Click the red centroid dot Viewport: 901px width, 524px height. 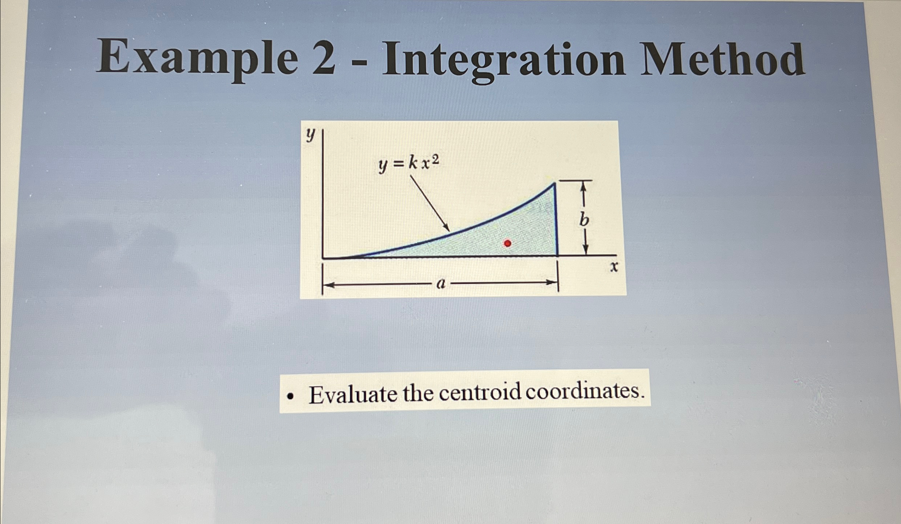507,243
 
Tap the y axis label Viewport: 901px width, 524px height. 310,135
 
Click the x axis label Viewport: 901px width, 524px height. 614,267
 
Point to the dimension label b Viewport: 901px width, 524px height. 584,220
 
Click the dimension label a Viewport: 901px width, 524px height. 441,283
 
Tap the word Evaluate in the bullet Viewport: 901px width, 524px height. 353,394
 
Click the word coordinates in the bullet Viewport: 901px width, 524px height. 582,391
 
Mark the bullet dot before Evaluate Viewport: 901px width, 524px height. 290,397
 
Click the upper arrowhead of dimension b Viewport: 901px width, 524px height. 583,186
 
